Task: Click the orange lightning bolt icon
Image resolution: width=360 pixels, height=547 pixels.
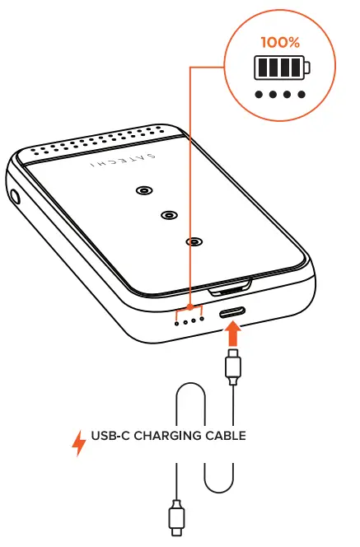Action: [x=79, y=443]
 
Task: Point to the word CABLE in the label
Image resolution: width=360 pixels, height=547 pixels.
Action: [x=227, y=436]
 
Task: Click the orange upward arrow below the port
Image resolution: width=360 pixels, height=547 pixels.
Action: [x=234, y=334]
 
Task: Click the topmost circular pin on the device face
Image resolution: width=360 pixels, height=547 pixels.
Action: [x=143, y=191]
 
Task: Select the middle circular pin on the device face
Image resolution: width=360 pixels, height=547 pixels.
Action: [x=168, y=216]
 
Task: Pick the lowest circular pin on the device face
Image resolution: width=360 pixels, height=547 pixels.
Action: [x=194, y=241]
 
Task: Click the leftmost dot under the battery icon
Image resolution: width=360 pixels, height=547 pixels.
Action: [x=259, y=95]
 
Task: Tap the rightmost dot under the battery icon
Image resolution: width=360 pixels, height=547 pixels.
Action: [x=301, y=95]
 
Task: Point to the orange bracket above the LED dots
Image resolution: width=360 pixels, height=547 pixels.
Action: [x=190, y=307]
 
